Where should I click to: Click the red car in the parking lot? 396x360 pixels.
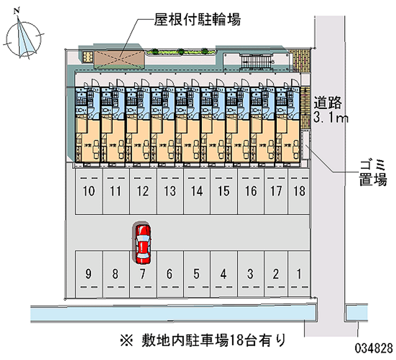pos(143,244)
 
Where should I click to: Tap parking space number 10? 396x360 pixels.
pos(89,191)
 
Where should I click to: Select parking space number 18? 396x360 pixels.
pos(298,191)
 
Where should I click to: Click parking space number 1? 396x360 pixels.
pos(298,273)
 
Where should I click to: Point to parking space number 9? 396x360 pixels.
pos(88,273)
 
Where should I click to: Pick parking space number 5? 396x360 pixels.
pos(197,273)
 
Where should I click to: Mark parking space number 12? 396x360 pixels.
pos(143,191)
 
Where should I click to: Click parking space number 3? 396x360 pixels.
pos(250,273)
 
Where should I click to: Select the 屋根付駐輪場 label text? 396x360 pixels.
pos(191,20)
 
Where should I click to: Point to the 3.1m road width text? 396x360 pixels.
pos(331,118)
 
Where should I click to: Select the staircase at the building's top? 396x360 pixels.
pos(256,61)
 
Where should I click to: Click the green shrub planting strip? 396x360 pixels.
pos(180,51)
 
